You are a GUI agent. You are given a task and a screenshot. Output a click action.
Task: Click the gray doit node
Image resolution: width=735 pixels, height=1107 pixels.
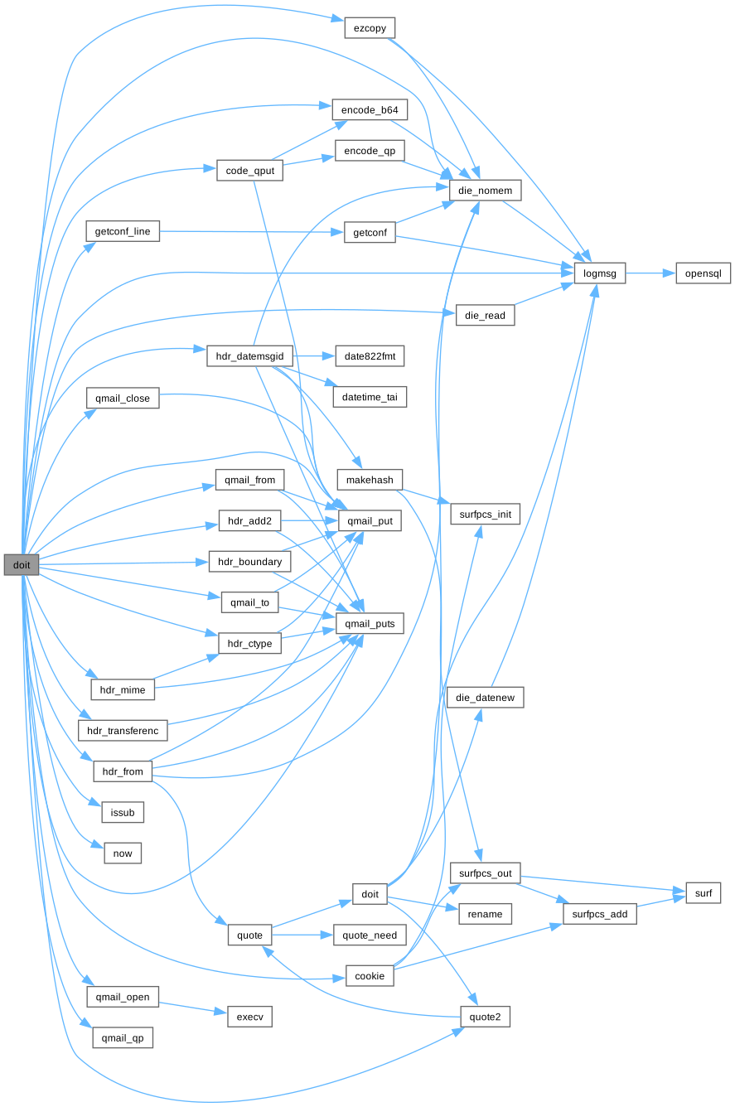point(21,565)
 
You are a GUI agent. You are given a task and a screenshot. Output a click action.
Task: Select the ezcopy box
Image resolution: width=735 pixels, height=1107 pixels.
point(369,27)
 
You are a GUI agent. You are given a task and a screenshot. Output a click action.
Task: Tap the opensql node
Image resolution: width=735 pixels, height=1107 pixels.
point(703,273)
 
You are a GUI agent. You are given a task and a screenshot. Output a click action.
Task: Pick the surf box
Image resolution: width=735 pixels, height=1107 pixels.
point(703,892)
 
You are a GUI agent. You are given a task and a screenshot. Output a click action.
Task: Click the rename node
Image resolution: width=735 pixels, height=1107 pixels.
point(485,914)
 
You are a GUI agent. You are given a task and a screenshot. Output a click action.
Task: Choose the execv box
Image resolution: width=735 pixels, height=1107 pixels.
point(249,1017)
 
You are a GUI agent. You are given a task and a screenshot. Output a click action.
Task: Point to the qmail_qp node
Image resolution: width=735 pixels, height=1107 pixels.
point(120,1037)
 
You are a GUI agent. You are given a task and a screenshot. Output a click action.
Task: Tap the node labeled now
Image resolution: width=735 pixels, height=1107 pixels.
point(123,853)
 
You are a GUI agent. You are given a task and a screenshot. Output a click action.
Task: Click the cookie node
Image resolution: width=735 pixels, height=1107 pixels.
point(370,976)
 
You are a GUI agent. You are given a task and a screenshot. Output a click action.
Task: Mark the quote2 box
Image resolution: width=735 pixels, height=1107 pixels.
point(485,1017)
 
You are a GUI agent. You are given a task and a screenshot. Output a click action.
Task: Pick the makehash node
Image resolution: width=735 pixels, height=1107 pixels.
point(370,480)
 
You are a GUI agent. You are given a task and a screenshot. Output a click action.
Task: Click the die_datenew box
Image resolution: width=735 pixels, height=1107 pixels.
point(485,698)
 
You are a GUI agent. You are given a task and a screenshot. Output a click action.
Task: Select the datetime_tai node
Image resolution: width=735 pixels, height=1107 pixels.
point(370,398)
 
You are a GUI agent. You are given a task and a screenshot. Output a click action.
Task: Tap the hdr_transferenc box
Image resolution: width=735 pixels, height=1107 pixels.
point(123,731)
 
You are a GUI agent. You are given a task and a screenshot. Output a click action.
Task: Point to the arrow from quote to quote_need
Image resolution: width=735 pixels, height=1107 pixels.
point(302,935)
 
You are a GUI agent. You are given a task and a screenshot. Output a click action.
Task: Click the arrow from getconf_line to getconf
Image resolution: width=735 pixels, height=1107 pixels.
point(249,232)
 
